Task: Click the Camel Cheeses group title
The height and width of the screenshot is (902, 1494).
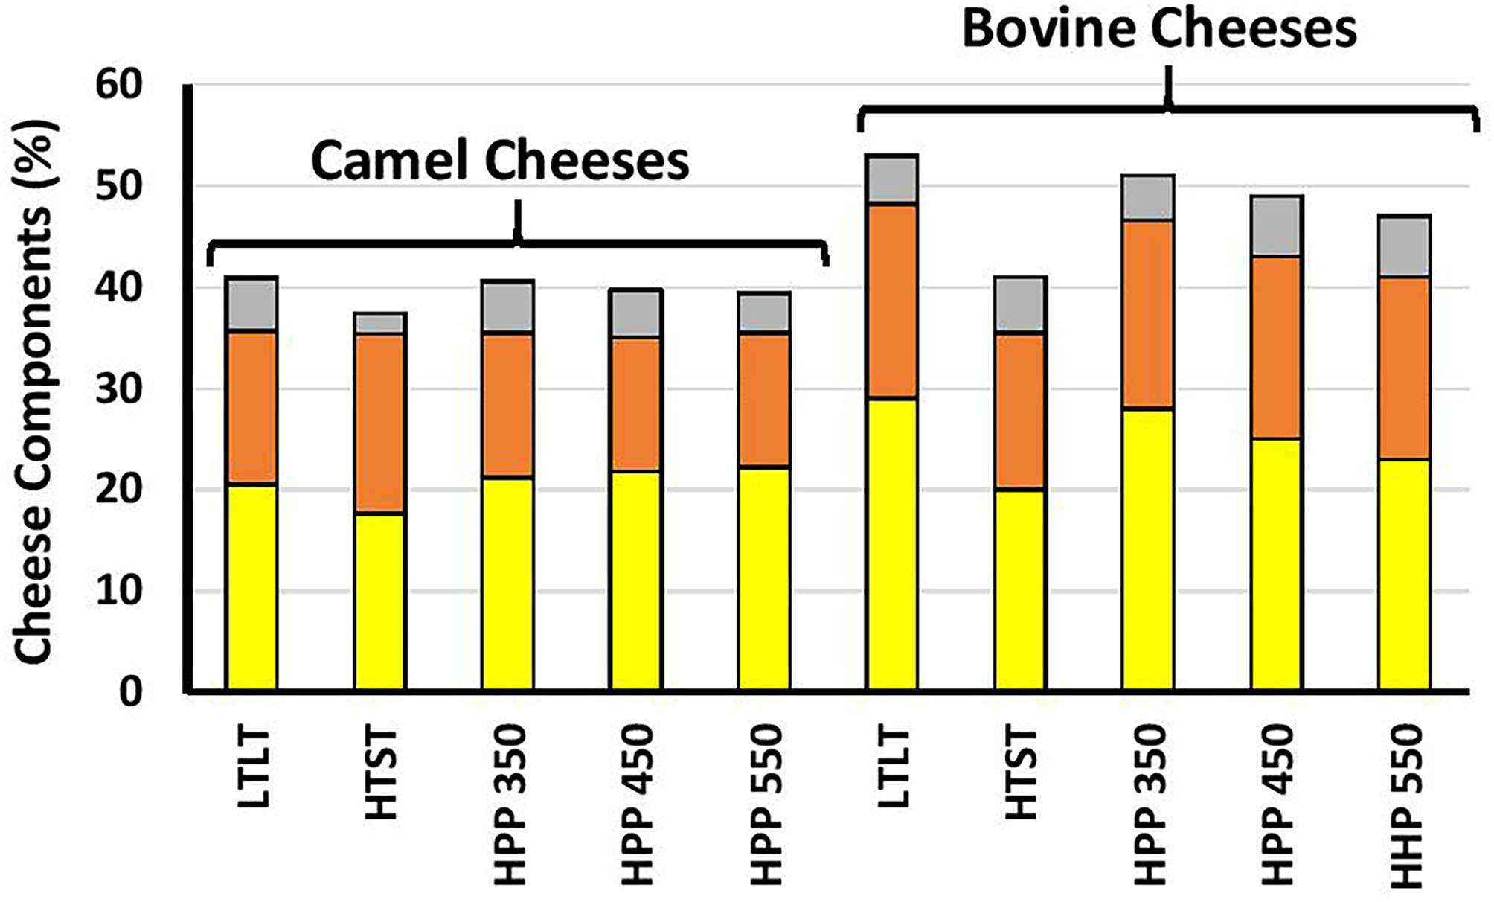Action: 500,161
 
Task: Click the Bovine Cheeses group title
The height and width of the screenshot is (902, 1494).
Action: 1159,30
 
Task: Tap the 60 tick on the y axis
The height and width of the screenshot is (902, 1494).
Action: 118,85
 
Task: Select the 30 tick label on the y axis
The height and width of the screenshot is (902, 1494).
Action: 118,389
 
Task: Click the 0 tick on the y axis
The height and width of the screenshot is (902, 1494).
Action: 130,692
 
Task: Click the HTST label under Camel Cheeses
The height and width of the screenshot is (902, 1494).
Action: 381,774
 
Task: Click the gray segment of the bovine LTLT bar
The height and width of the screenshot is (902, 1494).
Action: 892,179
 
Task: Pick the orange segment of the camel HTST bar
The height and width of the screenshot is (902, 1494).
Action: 380,423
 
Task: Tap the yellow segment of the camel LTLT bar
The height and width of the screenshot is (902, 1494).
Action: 251,588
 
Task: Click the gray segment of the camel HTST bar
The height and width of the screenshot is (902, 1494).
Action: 380,323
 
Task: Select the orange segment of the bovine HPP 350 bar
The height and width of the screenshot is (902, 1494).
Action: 1148,314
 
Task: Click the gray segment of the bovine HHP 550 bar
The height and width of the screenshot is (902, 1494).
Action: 1405,246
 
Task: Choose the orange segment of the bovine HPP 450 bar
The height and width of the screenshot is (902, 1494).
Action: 1276,348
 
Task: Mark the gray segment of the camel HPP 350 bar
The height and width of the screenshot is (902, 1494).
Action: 508,307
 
